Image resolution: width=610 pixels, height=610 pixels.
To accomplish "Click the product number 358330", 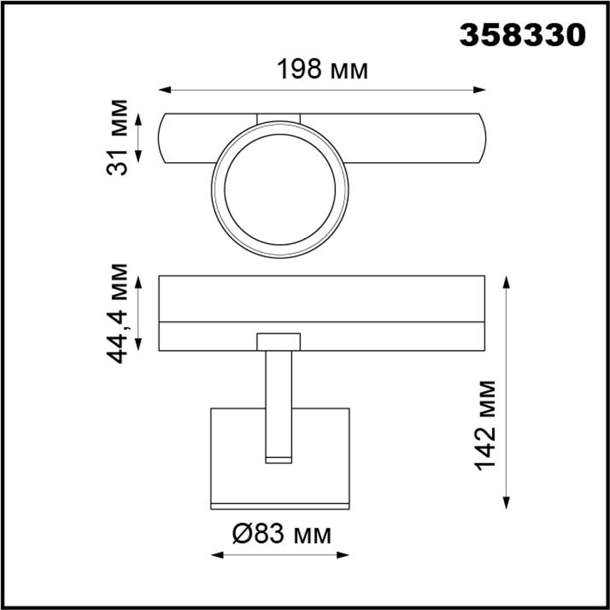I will [x=522, y=35].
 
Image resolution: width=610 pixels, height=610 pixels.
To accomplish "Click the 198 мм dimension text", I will [x=322, y=70].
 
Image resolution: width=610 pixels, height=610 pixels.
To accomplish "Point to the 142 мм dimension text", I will [x=486, y=426].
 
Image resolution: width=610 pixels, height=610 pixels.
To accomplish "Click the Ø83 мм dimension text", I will [x=281, y=534].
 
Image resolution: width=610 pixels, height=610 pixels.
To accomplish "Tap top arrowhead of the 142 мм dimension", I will [x=507, y=281].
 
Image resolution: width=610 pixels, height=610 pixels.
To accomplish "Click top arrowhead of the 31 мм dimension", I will [x=139, y=119].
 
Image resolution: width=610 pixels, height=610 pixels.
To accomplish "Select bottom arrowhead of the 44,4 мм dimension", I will [x=139, y=345].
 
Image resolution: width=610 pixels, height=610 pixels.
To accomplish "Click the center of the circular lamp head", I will [x=280, y=190].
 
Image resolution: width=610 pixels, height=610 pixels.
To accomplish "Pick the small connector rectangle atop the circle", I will [x=279, y=118].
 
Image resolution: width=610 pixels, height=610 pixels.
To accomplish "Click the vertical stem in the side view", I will [x=279, y=400].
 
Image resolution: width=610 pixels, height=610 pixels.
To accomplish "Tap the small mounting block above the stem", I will [x=279, y=342].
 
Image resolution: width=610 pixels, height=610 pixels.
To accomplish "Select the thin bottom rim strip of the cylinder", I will [x=280, y=506].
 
